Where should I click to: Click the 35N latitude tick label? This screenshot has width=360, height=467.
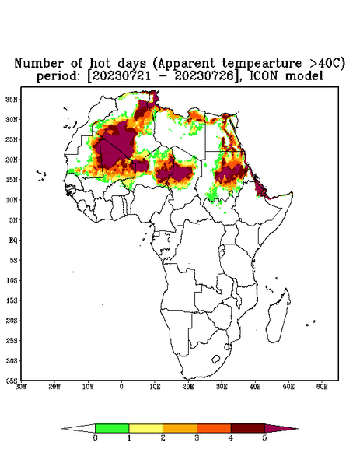[12, 99]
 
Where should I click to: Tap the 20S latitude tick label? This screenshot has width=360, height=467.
[12, 321]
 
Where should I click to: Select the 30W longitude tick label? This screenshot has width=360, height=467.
[21, 387]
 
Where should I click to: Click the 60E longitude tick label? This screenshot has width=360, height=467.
[322, 387]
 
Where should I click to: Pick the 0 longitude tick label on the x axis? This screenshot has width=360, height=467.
[121, 387]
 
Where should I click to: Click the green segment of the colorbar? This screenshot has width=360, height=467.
[112, 428]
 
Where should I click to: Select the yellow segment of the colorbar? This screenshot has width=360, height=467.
[145, 428]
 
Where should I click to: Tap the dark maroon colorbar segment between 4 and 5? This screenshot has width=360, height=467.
[248, 428]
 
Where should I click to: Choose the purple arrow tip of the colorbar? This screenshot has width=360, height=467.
[280, 429]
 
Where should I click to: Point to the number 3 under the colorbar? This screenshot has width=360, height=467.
[197, 438]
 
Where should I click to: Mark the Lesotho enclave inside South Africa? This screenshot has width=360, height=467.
[215, 359]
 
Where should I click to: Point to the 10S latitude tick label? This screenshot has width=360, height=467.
[12, 280]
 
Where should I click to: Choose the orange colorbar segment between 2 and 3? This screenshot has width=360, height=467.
[180, 428]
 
